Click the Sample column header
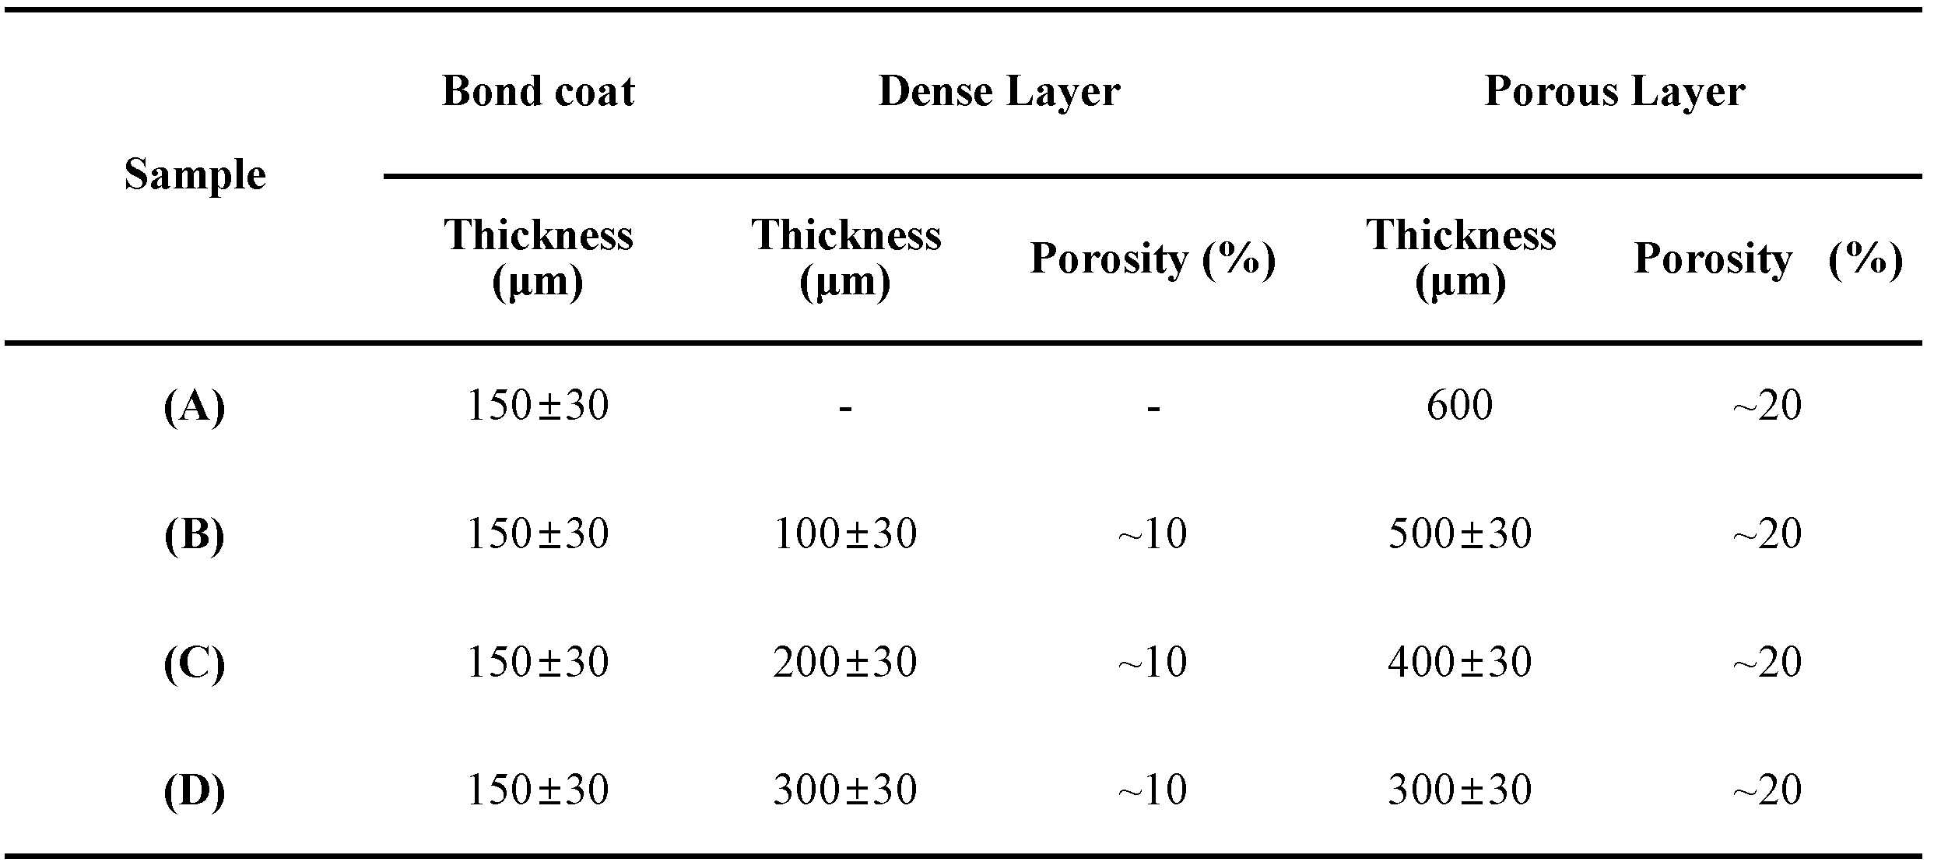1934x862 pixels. (x=195, y=174)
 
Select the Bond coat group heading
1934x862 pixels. (x=538, y=92)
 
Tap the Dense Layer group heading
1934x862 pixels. (x=999, y=92)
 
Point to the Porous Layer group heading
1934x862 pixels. (x=1614, y=92)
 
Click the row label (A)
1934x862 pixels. (x=195, y=406)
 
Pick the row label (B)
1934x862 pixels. (x=195, y=535)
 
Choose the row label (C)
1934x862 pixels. (x=195, y=663)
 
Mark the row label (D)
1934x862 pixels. (x=195, y=791)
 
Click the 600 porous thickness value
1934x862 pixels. (x=1459, y=406)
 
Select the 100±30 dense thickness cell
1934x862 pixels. (x=845, y=534)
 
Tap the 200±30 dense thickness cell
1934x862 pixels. (x=845, y=663)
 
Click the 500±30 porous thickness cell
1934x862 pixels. (x=1459, y=534)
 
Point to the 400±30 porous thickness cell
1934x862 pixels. (x=1459, y=663)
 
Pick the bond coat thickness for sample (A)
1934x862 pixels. (x=538, y=406)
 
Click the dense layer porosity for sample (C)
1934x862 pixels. (x=1153, y=663)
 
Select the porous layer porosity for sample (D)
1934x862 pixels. (x=1767, y=790)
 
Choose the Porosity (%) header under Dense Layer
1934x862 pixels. (x=1153, y=259)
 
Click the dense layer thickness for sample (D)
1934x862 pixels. (x=845, y=790)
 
